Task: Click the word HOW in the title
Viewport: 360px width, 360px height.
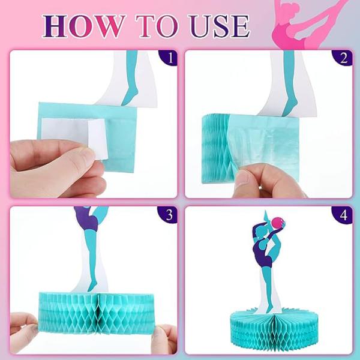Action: coord(84,26)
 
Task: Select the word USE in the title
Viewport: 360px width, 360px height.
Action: coord(219,26)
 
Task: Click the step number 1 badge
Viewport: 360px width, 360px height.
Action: coord(169,58)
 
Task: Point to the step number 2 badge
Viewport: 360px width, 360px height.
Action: coord(343,58)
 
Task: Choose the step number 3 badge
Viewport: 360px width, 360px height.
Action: coord(168,214)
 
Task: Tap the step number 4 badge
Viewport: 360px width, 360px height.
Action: coord(343,215)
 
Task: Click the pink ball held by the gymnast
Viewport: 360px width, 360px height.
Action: coord(278,223)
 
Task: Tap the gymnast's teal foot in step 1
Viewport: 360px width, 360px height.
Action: coord(130,97)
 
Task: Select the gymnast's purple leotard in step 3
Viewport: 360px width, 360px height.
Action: coord(87,218)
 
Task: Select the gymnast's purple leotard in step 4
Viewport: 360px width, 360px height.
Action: coord(263,254)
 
